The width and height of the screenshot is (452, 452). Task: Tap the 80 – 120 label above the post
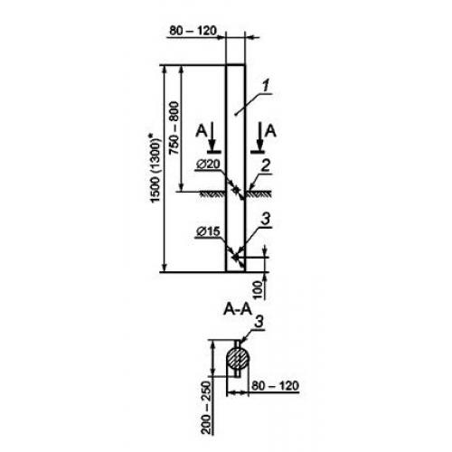pos(193,31)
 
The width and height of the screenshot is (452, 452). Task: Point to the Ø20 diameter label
pos(209,164)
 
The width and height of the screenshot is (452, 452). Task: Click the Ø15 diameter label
pos(208,231)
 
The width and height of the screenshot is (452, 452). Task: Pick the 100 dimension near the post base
pos(259,290)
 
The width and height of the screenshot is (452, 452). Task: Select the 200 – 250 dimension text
pos(206,408)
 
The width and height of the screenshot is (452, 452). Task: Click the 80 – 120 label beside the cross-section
pos(275,386)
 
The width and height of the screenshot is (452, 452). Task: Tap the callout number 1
pos(265,87)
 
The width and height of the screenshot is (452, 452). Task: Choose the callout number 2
pos(265,166)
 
